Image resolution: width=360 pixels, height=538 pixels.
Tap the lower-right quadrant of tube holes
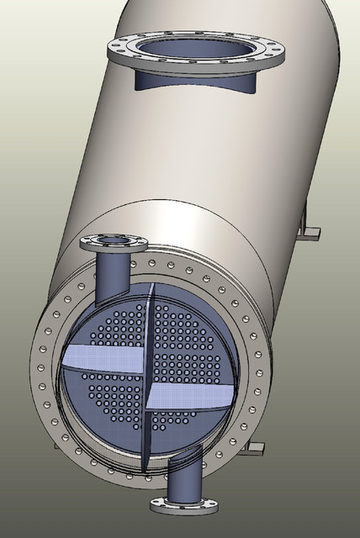pyautogui.click(x=181, y=425)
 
